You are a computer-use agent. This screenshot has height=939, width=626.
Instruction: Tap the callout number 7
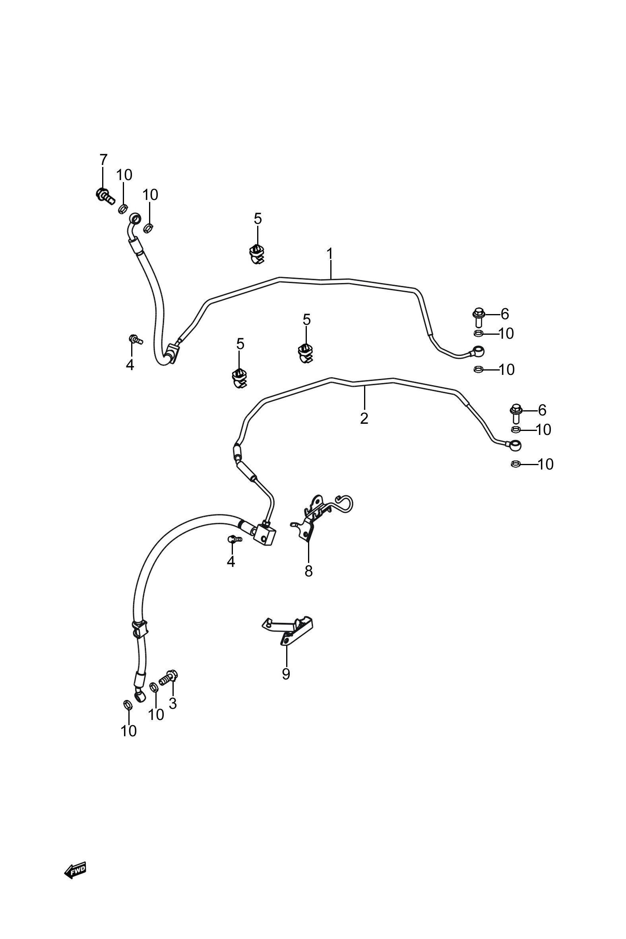tap(103, 160)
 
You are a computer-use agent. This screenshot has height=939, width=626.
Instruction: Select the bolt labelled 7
tap(105, 195)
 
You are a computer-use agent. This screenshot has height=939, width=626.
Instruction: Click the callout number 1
tap(330, 254)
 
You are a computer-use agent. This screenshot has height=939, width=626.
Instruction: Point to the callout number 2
tap(364, 418)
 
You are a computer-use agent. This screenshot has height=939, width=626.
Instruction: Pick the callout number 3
tap(172, 703)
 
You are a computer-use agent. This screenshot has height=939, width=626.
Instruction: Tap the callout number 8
tap(308, 571)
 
